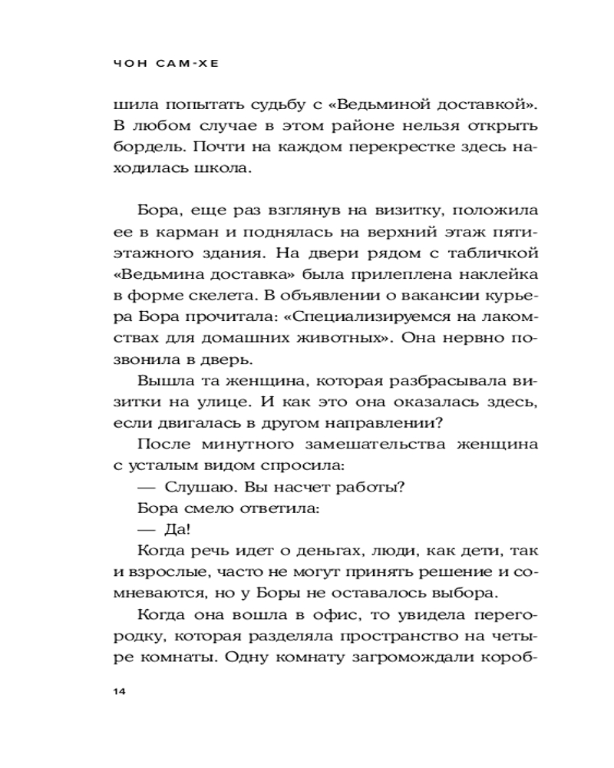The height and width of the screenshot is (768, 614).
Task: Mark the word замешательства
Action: [371, 444]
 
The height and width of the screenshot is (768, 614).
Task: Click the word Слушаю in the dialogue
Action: [192, 487]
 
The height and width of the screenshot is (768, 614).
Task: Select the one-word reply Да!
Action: [177, 529]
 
